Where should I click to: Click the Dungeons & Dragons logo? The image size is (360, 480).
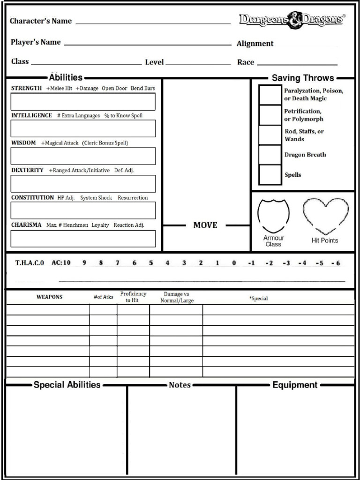coord(292,20)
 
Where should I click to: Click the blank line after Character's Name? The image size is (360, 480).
coord(153,22)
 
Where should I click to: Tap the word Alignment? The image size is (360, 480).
coord(255,44)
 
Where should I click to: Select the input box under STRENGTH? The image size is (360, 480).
coord(83,102)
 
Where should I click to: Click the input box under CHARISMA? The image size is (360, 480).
coord(83,239)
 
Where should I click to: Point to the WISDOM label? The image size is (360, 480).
coord(23,143)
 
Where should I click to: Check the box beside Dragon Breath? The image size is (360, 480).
coord(270,155)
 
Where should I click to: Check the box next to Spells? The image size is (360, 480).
coord(270,175)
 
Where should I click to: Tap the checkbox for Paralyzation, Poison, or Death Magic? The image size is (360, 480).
coord(270,95)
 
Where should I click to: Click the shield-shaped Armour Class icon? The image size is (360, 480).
coord(273,216)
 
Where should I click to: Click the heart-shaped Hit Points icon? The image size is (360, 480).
coord(325,215)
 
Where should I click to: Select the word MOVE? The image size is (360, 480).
coord(205,225)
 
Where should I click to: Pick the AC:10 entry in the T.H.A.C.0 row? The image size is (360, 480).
coord(61,263)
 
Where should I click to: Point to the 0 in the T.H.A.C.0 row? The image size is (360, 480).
coord(234,263)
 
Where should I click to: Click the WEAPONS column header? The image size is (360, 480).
coord(49,297)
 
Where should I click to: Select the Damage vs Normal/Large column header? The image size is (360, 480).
coord(177,297)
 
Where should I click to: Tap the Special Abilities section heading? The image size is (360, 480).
coord(67,385)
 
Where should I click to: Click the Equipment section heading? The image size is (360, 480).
coord(295,385)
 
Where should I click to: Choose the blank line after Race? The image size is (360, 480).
coord(297,64)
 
